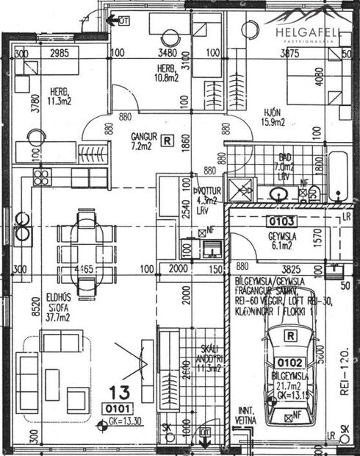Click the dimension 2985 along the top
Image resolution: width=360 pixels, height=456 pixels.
[64, 54]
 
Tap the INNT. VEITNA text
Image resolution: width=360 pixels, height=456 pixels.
[246, 416]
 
